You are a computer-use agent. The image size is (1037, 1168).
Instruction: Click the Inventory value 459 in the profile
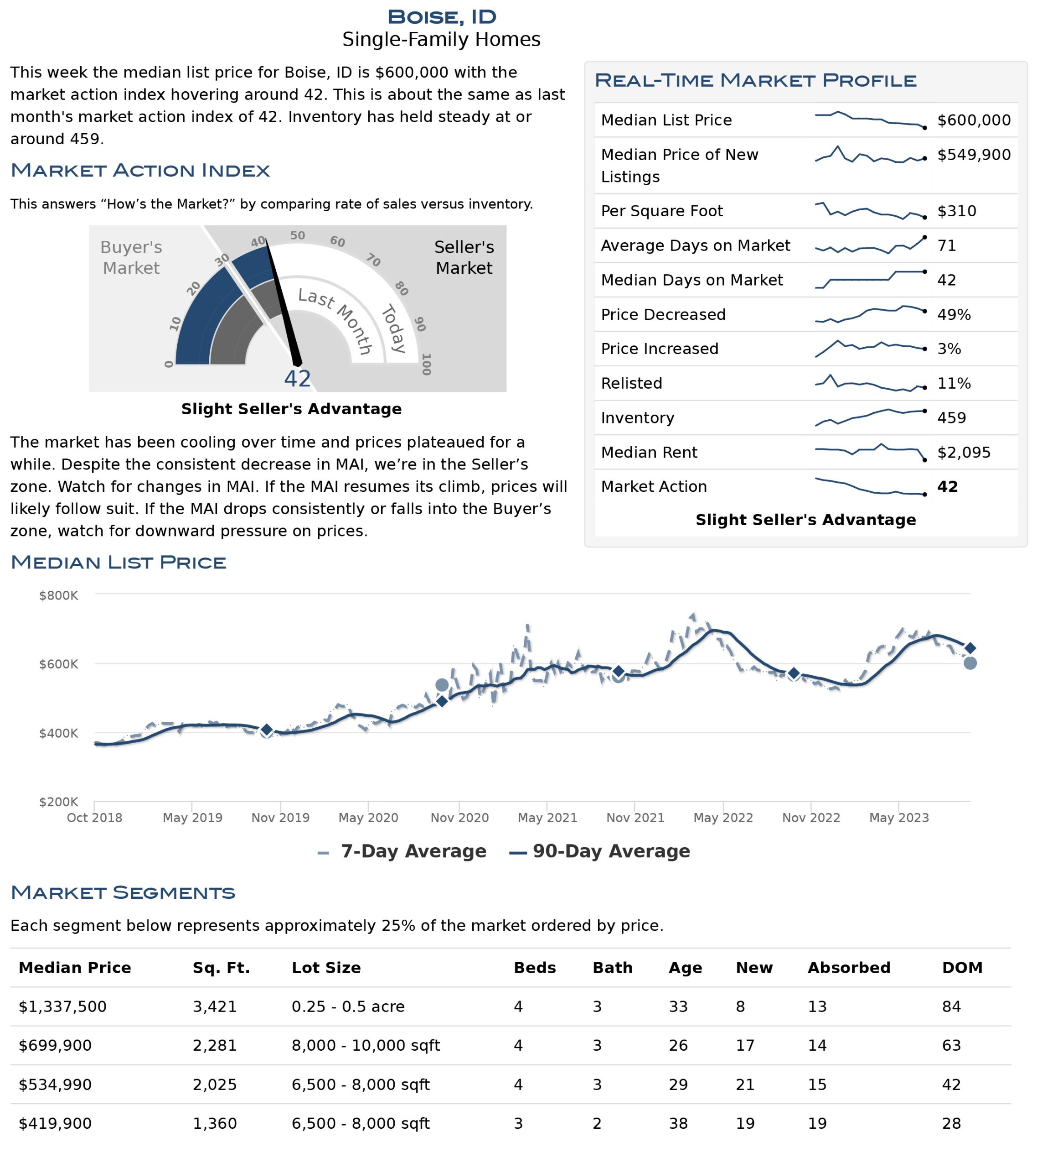[x=951, y=418]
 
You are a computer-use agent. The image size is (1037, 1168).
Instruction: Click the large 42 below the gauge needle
[x=298, y=379]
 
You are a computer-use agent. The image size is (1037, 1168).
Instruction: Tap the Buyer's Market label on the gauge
[x=131, y=257]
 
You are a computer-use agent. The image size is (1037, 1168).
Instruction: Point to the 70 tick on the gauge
[x=373, y=261]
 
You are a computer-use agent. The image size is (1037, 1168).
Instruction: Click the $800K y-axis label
[x=58, y=595]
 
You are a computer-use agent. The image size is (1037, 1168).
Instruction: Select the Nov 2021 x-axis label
[x=635, y=818]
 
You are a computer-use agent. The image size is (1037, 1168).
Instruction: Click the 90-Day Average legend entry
[x=599, y=851]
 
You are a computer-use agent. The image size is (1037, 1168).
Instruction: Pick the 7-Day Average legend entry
[x=402, y=851]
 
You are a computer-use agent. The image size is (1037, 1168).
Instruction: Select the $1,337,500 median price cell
[x=62, y=1006]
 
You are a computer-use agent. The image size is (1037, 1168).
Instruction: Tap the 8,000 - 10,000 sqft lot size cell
[x=366, y=1045]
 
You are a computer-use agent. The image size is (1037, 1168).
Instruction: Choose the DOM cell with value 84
[x=951, y=1006]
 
